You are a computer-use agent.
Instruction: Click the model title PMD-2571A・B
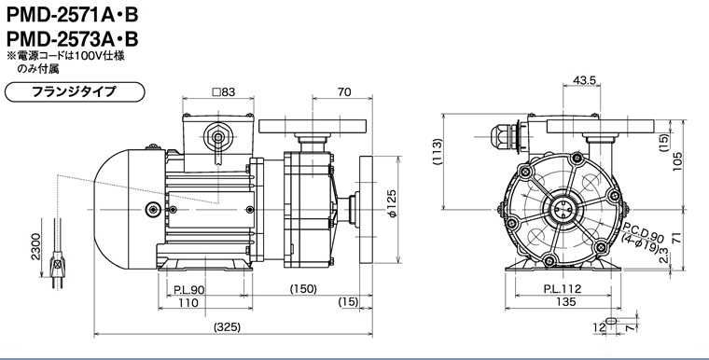tap(72, 15)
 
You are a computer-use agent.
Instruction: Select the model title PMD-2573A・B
tap(72, 39)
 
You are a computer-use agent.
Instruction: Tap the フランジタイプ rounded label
tap(74, 91)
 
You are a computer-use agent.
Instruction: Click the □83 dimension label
tap(224, 91)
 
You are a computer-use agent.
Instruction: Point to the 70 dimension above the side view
tap(344, 91)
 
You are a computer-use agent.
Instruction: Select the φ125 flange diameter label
tap(392, 203)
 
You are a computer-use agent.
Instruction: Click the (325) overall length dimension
tap(227, 326)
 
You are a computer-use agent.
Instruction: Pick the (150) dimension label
tap(303, 289)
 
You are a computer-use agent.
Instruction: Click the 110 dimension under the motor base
tap(188, 302)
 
